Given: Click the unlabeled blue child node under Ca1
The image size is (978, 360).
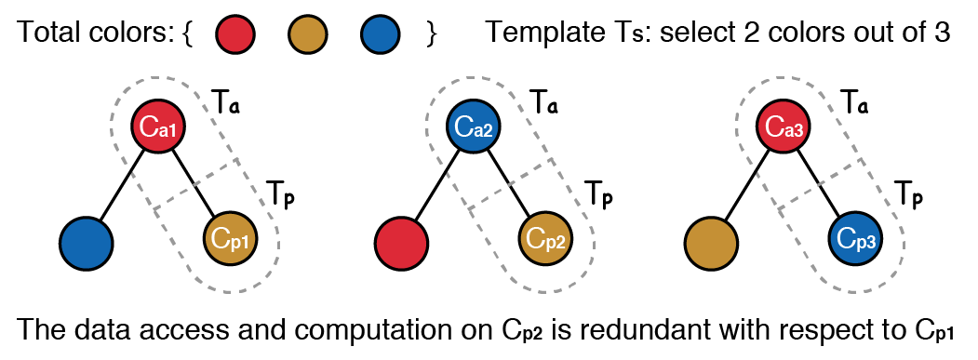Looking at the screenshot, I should (x=87, y=244).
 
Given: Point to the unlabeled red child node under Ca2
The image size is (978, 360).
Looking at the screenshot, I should (x=401, y=244).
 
